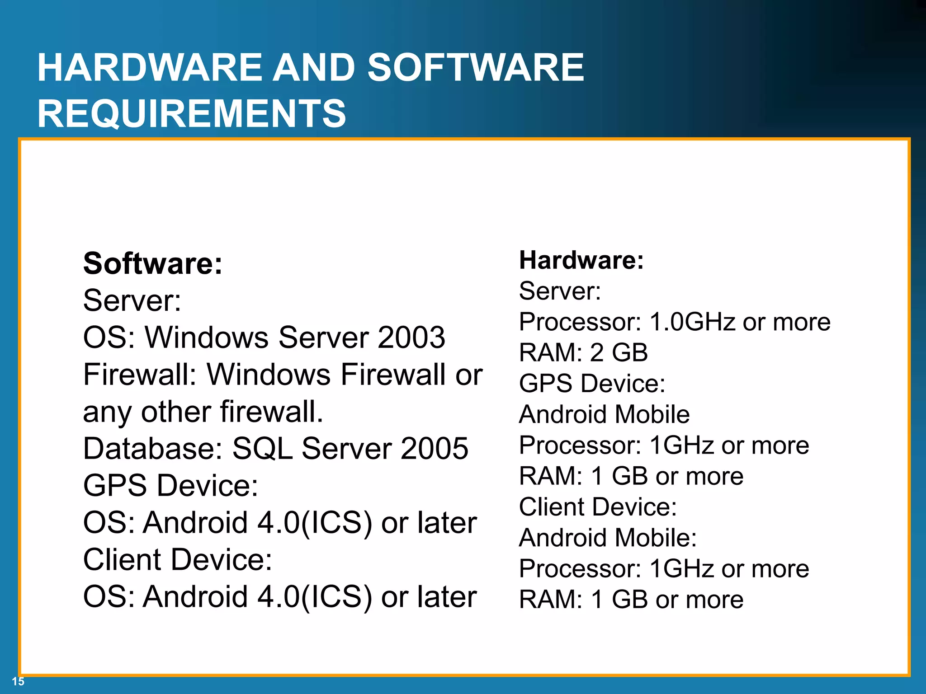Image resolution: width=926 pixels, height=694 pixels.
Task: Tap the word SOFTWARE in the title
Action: (475, 67)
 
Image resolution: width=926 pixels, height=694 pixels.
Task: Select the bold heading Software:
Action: (153, 263)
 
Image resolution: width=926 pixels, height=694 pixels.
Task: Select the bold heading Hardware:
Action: (581, 260)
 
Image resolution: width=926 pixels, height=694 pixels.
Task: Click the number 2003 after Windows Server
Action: (411, 338)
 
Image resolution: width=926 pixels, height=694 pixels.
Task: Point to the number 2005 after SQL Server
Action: (434, 449)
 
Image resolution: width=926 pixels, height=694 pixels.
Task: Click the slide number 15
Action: (18, 681)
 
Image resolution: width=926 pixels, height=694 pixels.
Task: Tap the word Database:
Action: (153, 449)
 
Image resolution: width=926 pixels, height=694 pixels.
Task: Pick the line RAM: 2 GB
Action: (583, 353)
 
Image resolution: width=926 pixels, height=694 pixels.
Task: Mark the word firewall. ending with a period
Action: (271, 412)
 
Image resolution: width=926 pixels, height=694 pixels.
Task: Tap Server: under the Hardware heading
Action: (560, 291)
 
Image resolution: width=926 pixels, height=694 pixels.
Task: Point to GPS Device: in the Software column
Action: (170, 486)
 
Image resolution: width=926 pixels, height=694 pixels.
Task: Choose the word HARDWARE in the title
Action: (150, 67)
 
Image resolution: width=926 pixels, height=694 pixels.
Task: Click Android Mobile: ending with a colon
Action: (608, 538)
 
